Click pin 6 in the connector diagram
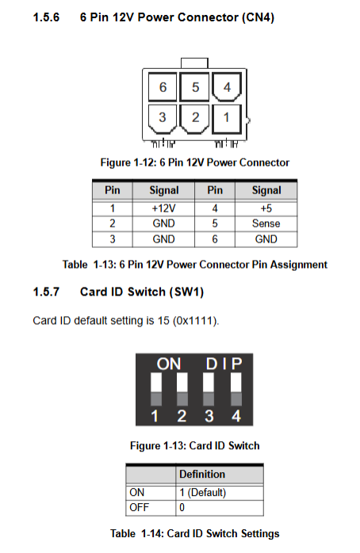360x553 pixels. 163,87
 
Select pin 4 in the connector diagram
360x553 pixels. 227,87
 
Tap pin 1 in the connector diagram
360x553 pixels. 227,119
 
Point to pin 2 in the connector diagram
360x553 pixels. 194,119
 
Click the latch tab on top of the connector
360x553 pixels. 194,63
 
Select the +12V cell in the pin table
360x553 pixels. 163,208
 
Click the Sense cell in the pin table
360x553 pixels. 266,223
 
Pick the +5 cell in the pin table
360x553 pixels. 266,208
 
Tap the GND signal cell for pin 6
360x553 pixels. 266,239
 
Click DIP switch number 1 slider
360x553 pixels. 156,389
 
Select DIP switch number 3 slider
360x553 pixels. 209,389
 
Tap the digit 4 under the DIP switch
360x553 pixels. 236,416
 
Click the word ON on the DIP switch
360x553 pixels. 169,364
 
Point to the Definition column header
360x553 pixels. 202,474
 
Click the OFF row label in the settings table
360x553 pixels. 139,508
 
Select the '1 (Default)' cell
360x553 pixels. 202,492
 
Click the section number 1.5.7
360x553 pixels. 46,292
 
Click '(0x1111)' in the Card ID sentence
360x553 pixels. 196,321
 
